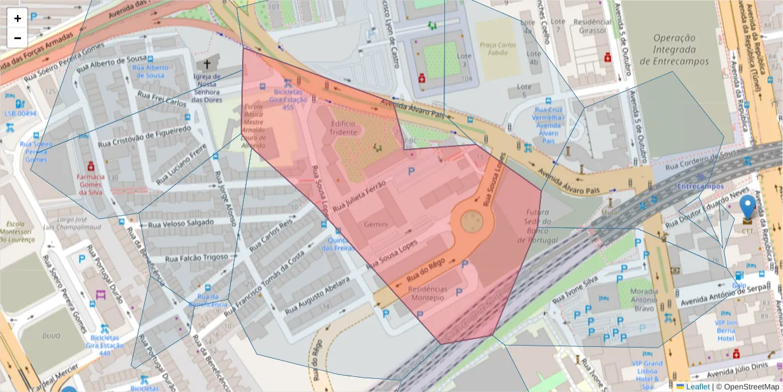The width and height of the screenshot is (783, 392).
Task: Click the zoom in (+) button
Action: coord(18,18)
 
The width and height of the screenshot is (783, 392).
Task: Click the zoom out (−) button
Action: coord(18,39)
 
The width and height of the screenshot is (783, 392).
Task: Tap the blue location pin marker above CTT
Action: coord(748,207)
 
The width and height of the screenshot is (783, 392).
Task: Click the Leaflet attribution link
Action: coord(698,387)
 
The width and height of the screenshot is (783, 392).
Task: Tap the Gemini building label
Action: coord(376,224)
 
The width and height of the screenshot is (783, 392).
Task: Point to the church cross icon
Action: coord(207,65)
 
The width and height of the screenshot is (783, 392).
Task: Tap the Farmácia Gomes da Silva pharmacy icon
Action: coord(91,166)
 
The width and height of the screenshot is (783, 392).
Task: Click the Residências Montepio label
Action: coord(429,293)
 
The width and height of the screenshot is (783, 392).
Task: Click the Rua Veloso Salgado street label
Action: coord(181,223)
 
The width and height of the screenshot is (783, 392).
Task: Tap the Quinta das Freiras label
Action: coord(339,244)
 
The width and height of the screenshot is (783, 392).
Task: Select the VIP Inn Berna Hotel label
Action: coord(725,330)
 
